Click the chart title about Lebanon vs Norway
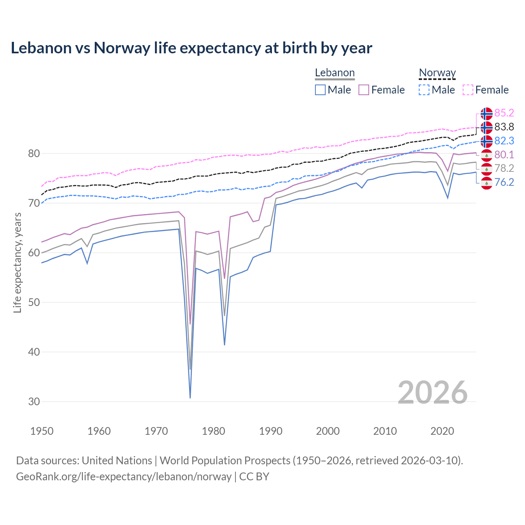191,48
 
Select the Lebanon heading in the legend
335,73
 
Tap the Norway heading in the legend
437,73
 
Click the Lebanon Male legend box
320,90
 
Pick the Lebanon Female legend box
364,90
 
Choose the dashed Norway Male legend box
424,90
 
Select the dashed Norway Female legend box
468,90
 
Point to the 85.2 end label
504,113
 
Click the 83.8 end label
504,127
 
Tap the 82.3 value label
504,141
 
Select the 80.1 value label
504,155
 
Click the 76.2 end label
504,182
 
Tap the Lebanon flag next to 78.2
486,169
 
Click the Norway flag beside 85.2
486,113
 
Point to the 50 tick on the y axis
34,302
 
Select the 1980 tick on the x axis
213,431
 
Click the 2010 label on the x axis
385,431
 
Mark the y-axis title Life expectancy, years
18,262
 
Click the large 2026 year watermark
432,393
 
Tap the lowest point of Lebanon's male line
190,397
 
